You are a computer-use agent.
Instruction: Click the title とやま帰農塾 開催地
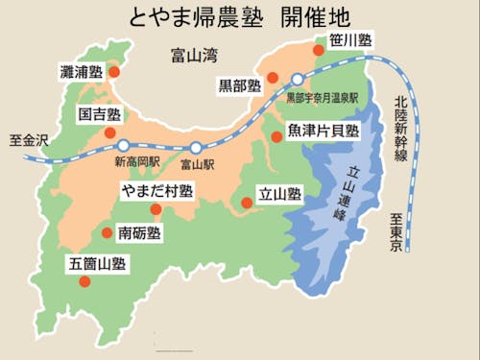point(239,16)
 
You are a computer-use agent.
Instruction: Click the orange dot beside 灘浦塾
point(114,71)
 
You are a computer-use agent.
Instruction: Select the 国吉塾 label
point(101,113)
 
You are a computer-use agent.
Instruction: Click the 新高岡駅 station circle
point(123,146)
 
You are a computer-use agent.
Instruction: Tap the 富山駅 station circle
point(195,148)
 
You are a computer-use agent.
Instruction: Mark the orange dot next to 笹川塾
point(320,46)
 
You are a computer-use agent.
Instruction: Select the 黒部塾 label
point(240,85)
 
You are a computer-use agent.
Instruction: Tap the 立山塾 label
point(280,194)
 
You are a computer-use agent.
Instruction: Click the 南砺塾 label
point(139,233)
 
